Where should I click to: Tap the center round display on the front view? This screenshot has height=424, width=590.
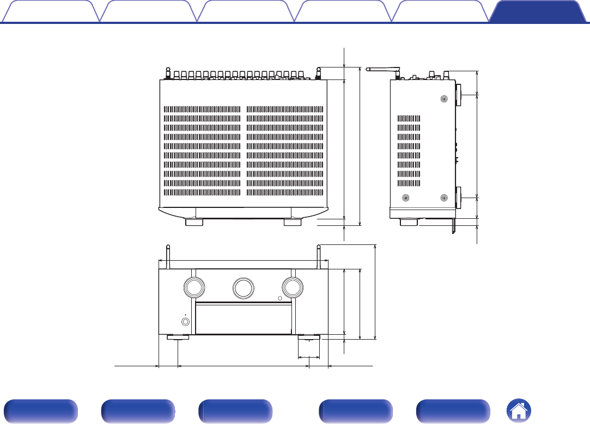click(243, 287)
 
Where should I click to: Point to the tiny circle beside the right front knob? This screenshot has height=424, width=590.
click(280, 298)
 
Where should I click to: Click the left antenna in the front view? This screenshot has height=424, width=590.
click(168, 257)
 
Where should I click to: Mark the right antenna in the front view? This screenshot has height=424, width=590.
click(319, 257)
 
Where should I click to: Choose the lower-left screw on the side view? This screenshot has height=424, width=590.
click(405, 198)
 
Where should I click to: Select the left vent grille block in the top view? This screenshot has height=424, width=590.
click(202, 150)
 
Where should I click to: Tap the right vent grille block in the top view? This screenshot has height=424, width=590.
click(285, 150)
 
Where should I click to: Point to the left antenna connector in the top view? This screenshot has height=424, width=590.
click(168, 73)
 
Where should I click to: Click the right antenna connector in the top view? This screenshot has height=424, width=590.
click(319, 73)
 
